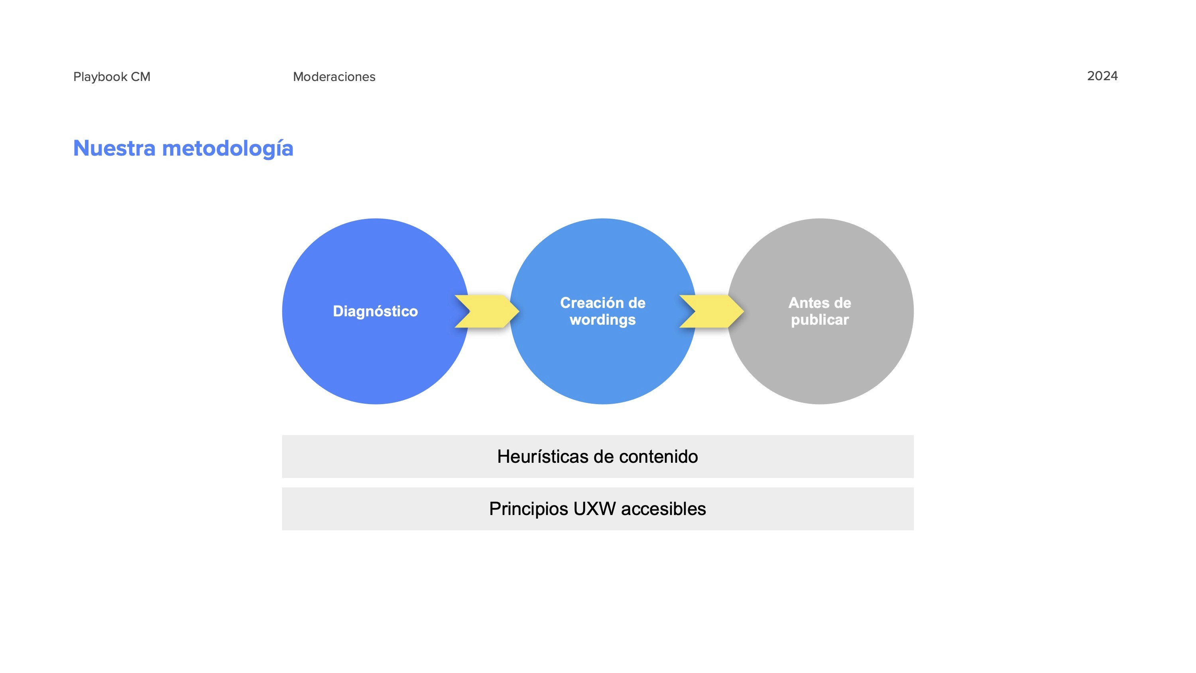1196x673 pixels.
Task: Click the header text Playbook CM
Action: [x=112, y=77]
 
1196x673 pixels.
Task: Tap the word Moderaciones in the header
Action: [x=334, y=77]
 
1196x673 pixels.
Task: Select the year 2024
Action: [x=1102, y=76]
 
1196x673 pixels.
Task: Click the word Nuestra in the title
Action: [x=114, y=149]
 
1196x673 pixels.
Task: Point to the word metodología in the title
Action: [x=228, y=149]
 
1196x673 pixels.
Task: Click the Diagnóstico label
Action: [x=375, y=311]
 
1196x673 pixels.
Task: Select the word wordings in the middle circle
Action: [x=603, y=320]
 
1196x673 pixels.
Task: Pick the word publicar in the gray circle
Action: [x=820, y=320]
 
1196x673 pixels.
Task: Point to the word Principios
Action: [x=528, y=509]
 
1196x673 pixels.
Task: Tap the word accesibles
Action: [x=663, y=509]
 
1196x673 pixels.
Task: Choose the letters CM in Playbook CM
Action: [x=140, y=77]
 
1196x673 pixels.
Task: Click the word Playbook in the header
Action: [x=100, y=77]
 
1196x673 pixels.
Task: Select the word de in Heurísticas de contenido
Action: [x=604, y=456]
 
